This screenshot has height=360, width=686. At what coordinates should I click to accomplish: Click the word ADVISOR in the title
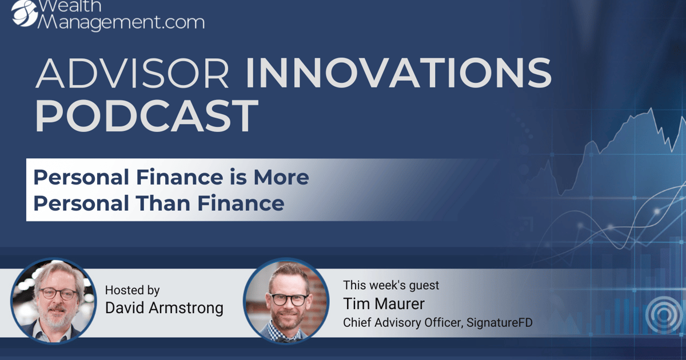coord(132,73)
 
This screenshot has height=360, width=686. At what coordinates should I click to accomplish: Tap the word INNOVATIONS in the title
coord(398,73)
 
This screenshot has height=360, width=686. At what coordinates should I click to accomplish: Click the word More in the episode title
coord(281,177)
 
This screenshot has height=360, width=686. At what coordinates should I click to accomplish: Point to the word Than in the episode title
coord(163,203)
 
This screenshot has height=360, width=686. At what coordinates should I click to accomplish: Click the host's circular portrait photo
coord(54,301)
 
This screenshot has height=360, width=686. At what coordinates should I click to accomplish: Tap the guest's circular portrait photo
coord(286,301)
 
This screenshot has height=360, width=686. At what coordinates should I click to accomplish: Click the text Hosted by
coord(132,290)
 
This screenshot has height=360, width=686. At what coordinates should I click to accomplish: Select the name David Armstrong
coord(164,308)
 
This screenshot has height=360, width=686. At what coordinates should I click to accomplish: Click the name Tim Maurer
coord(384,304)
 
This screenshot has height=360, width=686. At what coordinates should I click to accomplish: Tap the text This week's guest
coord(391,285)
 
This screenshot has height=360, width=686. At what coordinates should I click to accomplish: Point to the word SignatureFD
coord(500,323)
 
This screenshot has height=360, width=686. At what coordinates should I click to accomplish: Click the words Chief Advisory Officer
coord(402,323)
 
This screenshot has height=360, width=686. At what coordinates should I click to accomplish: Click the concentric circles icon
coord(664,314)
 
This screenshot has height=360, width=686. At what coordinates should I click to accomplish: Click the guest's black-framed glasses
coord(289,299)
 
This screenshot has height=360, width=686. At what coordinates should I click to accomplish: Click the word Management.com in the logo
coord(121,23)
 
